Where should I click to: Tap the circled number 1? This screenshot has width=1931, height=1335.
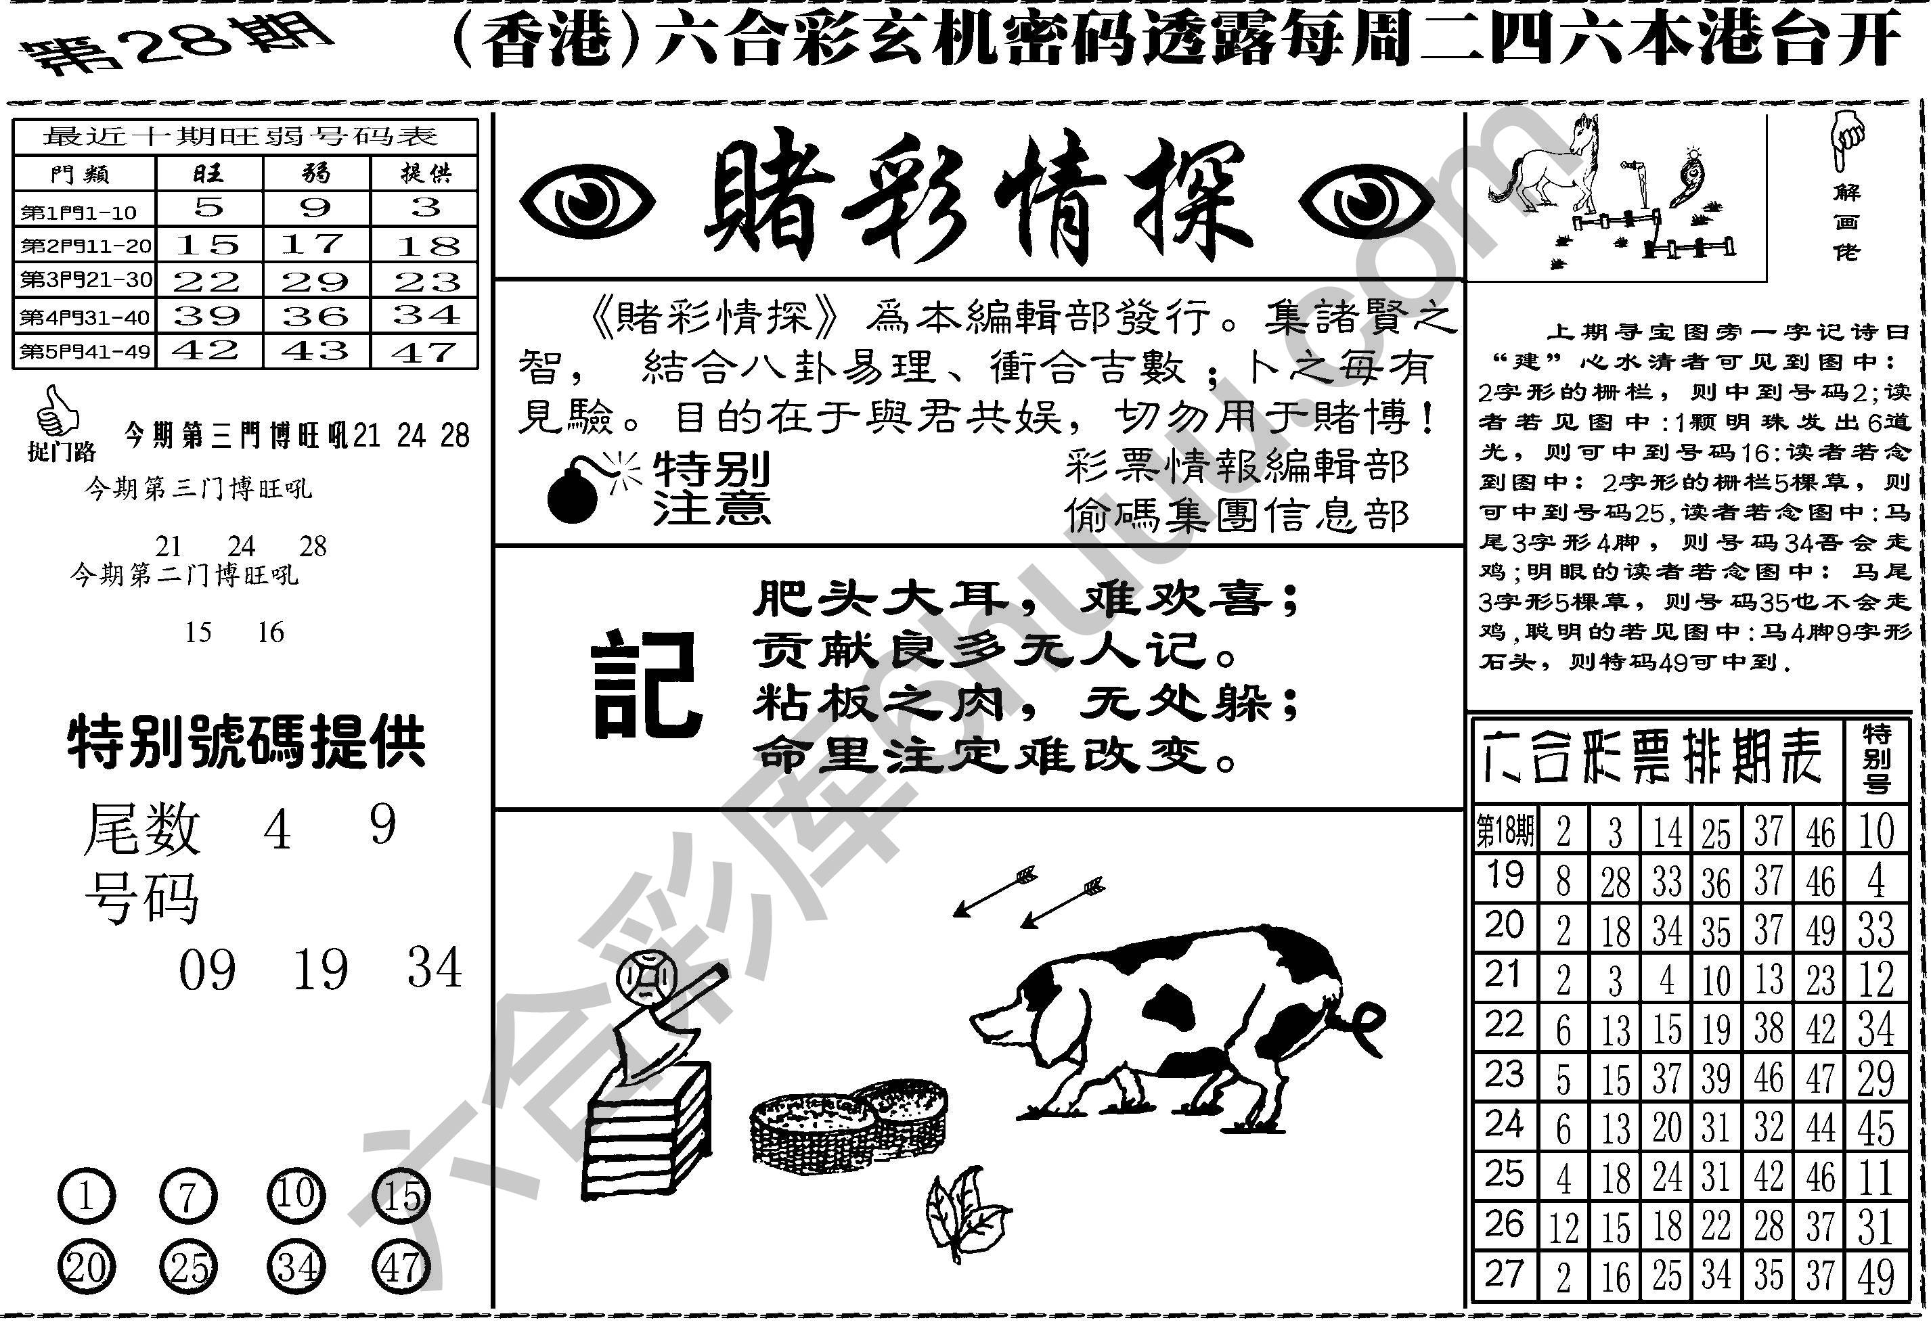click(86, 1197)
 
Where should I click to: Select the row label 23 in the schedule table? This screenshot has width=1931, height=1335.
click(1503, 1076)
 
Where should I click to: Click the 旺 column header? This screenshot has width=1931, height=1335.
click(208, 174)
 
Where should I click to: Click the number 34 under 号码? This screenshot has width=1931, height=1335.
click(435, 969)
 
